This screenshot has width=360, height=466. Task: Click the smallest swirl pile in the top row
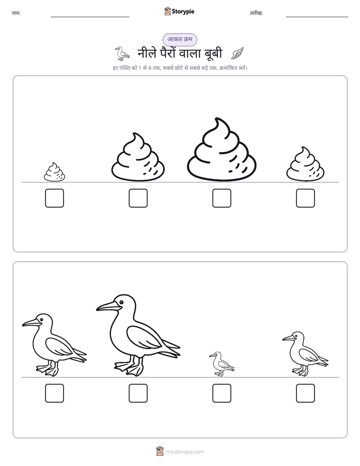pyautogui.click(x=54, y=172)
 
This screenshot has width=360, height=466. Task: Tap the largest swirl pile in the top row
pyautogui.click(x=221, y=150)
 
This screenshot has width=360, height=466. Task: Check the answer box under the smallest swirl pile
pyautogui.click(x=54, y=198)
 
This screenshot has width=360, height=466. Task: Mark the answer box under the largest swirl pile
pyautogui.click(x=221, y=198)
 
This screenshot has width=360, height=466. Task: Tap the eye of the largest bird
pyautogui.click(x=121, y=302)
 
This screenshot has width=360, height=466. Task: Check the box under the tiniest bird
pyautogui.click(x=221, y=393)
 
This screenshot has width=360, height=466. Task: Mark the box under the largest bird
pyautogui.click(x=138, y=393)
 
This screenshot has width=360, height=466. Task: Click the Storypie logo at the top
pyautogui.click(x=179, y=11)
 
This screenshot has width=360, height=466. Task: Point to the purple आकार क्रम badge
pyautogui.click(x=179, y=39)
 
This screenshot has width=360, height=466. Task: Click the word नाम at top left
pyautogui.click(x=16, y=13)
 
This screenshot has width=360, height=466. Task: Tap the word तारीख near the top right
pyautogui.click(x=256, y=13)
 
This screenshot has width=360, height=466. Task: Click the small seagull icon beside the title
pyautogui.click(x=122, y=53)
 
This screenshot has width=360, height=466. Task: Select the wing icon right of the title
pyautogui.click(x=237, y=53)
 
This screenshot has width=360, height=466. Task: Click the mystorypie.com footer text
pyautogui.click(x=185, y=452)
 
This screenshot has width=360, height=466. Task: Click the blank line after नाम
pyautogui.click(x=90, y=17)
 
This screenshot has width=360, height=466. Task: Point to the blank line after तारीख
pyautogui.click(x=317, y=17)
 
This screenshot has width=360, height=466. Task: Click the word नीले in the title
pyautogui.click(x=147, y=53)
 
